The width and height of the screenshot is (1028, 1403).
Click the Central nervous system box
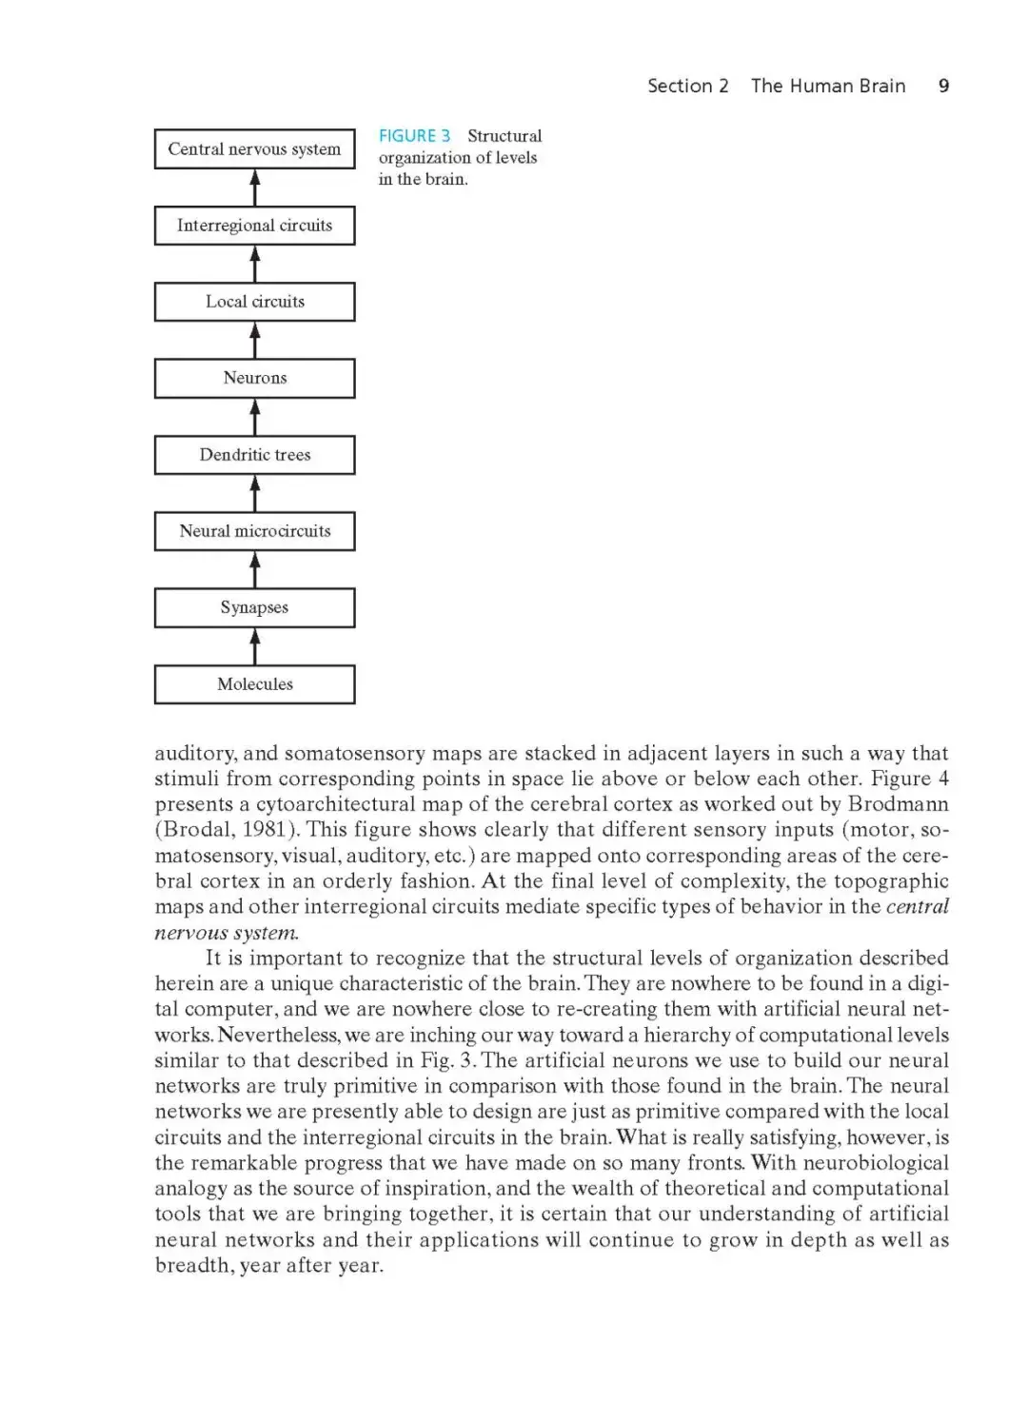(x=254, y=149)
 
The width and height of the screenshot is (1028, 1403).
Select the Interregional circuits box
(x=254, y=226)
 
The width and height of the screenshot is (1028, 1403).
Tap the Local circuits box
(x=254, y=302)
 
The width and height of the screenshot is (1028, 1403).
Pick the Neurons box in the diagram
(x=254, y=378)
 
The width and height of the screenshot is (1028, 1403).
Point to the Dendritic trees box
(x=254, y=455)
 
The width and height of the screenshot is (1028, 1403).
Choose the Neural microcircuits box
(x=254, y=531)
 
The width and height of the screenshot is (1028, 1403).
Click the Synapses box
(x=254, y=607)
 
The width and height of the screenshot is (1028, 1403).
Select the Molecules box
(x=254, y=684)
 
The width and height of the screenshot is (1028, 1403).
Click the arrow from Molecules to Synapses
(x=254, y=646)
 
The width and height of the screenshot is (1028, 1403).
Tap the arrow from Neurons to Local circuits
(x=254, y=340)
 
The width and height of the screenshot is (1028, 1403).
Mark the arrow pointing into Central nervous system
(x=254, y=188)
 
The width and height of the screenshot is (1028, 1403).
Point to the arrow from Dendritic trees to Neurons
(x=254, y=417)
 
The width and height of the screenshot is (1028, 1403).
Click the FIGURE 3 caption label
(x=414, y=136)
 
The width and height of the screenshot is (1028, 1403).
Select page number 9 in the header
(x=943, y=86)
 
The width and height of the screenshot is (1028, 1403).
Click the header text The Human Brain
(x=828, y=86)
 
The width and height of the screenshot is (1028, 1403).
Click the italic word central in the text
(x=917, y=907)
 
